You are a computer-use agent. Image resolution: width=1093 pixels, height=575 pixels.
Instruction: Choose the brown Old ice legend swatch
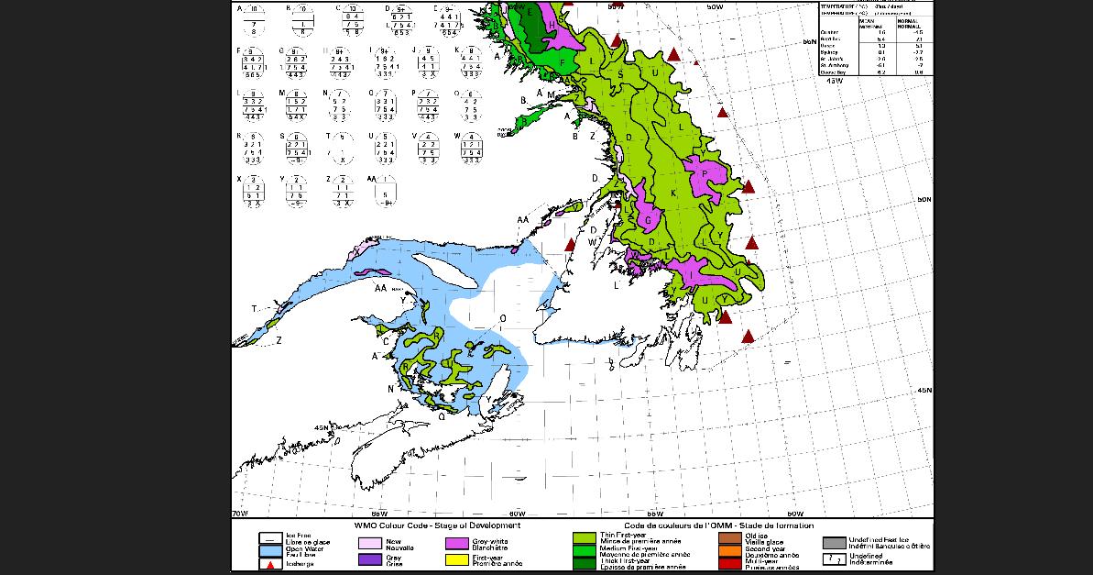730,536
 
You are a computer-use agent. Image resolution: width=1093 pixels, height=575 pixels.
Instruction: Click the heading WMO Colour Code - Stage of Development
437,525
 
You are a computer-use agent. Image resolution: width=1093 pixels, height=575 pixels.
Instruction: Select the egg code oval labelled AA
388,191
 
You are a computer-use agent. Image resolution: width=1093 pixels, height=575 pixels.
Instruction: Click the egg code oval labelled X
254,191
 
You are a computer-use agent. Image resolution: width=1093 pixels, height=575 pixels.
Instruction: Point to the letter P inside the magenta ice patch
704,172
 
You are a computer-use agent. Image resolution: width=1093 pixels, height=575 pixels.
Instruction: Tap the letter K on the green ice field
673,194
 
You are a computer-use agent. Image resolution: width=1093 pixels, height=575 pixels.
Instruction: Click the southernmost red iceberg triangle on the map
749,337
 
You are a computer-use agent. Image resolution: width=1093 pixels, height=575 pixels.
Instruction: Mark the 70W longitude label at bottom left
239,513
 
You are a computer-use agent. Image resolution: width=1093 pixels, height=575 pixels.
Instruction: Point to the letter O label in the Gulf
502,318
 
